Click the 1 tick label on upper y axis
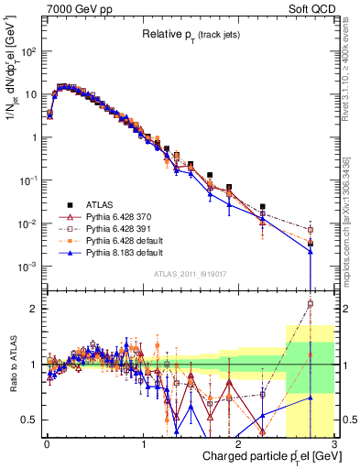pos(34,137)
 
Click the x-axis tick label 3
pos(334,443)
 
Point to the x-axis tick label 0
pos(46,443)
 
